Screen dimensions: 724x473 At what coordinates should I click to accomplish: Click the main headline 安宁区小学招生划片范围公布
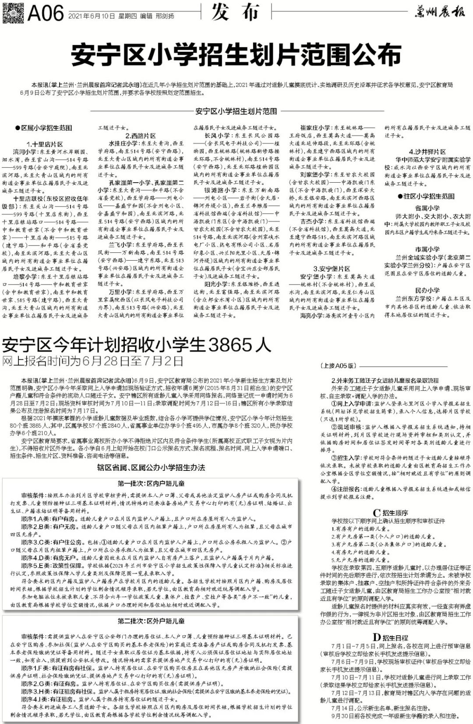pyautogui.click(x=236, y=54)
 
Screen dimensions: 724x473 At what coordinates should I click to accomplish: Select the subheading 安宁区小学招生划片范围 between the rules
pyautogui.click(x=236, y=111)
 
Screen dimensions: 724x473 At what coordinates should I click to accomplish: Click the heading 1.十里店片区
pyautogui.click(x=45, y=144)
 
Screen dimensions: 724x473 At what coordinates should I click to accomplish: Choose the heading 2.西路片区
pyautogui.click(x=141, y=136)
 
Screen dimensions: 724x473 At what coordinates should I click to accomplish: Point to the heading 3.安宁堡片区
pyautogui.click(x=332, y=268)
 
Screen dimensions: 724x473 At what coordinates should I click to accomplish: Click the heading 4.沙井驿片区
pyautogui.click(x=427, y=152)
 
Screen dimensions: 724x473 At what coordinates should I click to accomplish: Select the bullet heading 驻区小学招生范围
pyautogui.click(x=426, y=196)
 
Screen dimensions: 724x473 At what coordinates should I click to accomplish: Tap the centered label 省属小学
pyautogui.click(x=427, y=208)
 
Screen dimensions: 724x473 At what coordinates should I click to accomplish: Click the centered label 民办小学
pyautogui.click(x=427, y=290)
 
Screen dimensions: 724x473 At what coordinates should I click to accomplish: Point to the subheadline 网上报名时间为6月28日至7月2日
pyautogui.click(x=92, y=361)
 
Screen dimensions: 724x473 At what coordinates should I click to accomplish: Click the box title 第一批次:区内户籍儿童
pyautogui.click(x=151, y=484)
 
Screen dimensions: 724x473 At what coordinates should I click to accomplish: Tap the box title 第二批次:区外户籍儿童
pyautogui.click(x=151, y=621)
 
